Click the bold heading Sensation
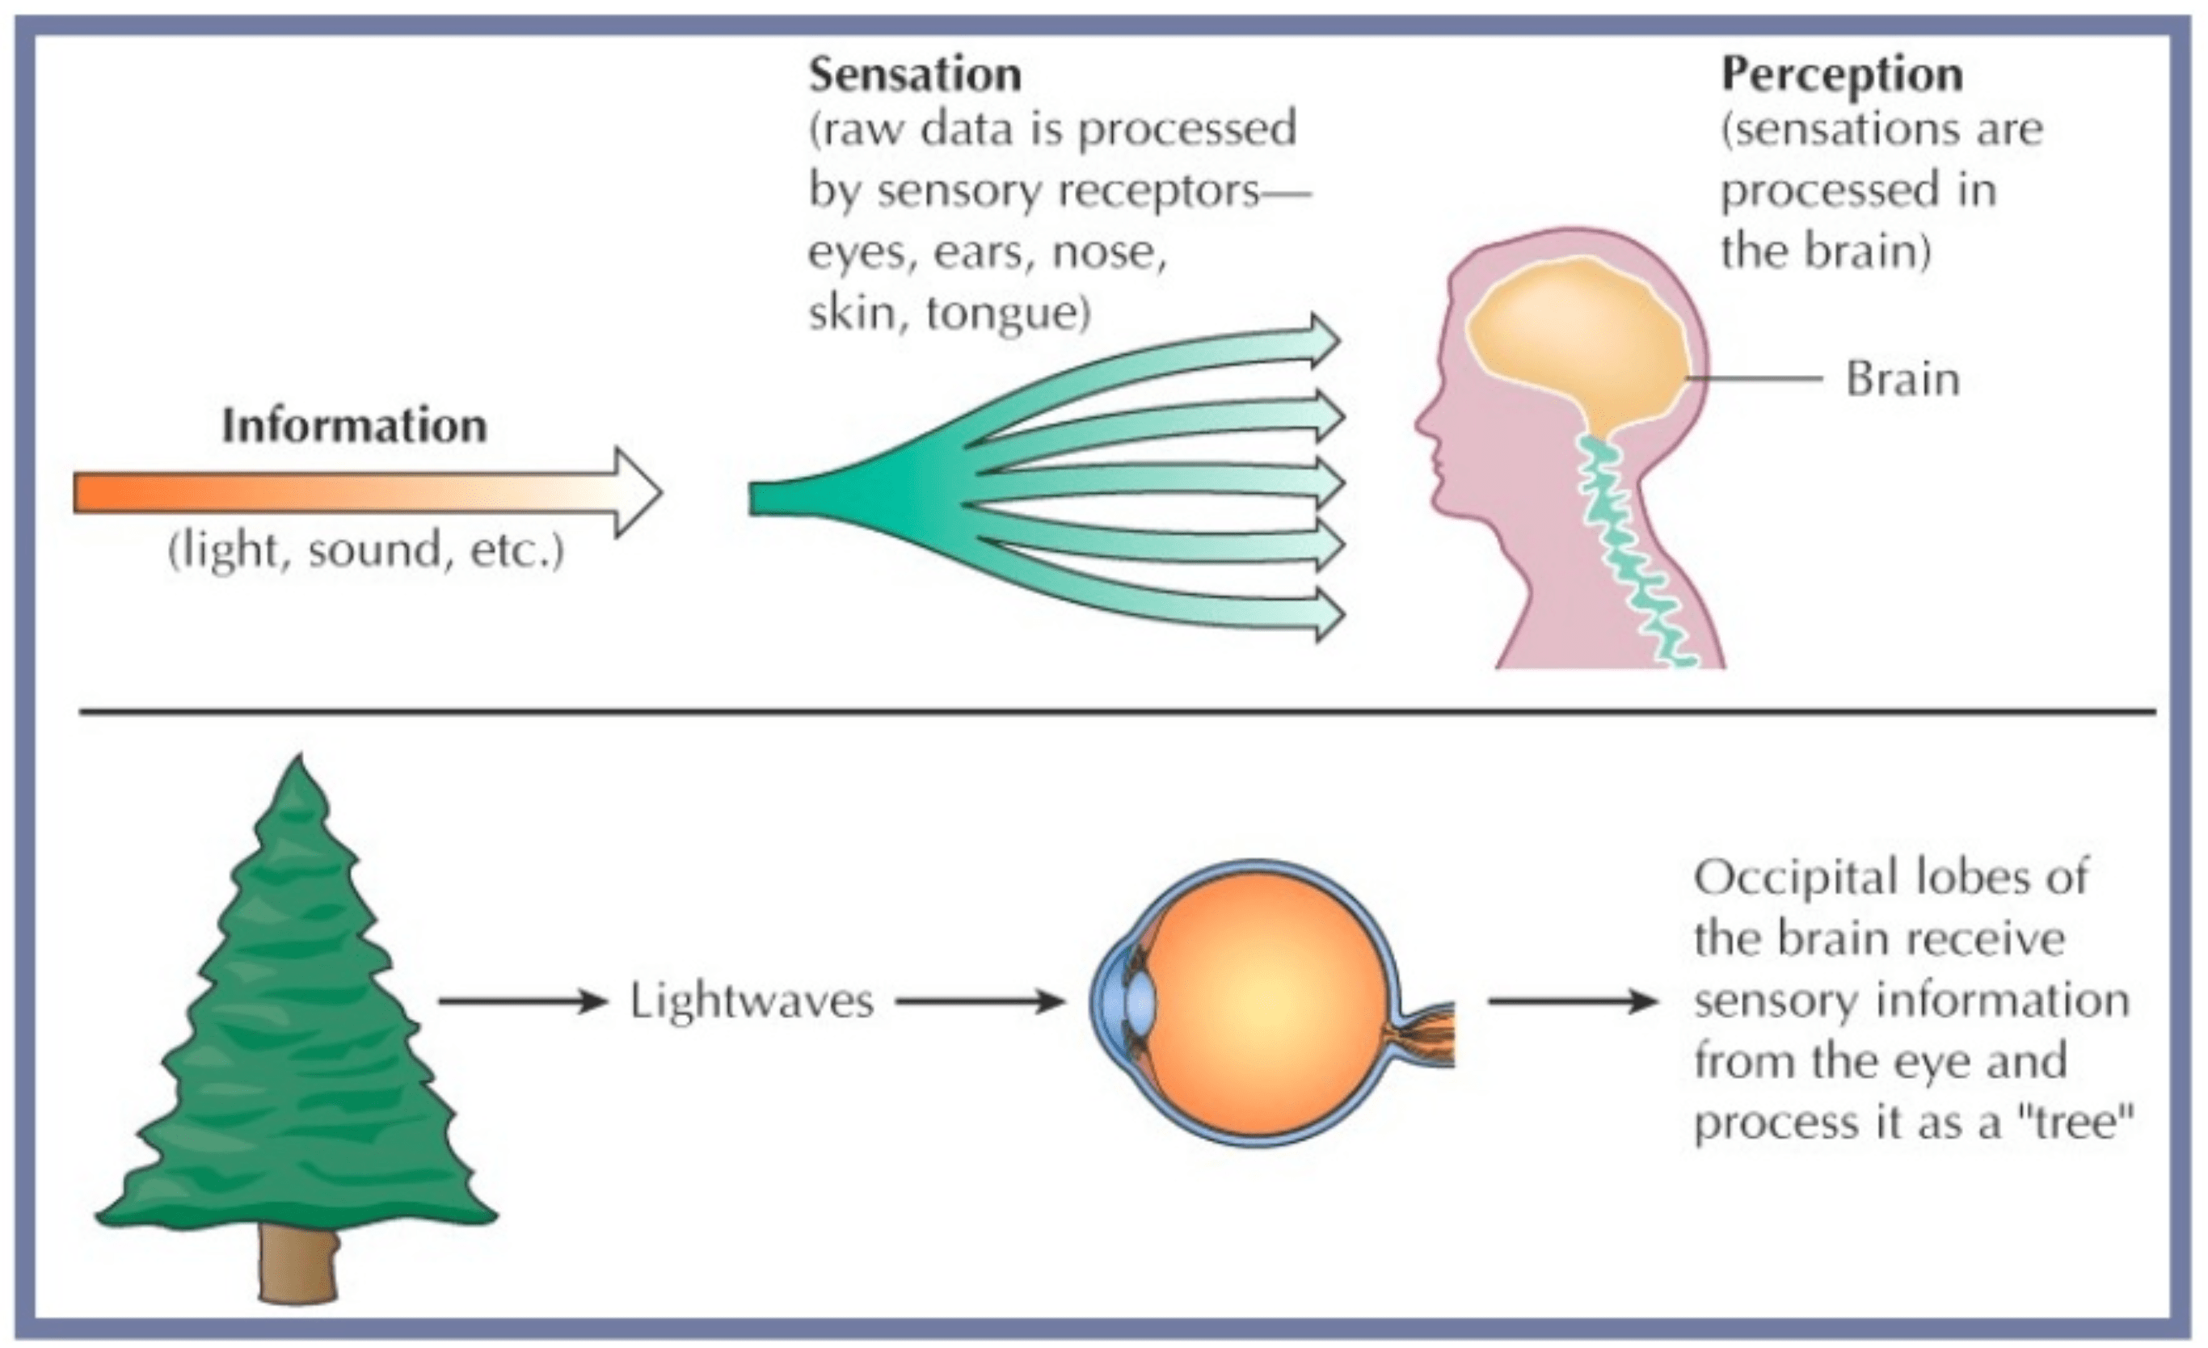(x=914, y=74)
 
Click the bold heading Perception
(x=1842, y=74)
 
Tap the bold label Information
(x=354, y=426)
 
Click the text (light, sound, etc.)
(x=365, y=550)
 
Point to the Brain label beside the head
(x=1903, y=379)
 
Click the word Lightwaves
(x=751, y=1001)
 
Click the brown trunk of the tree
(x=298, y=1264)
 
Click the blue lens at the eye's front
(x=1140, y=1001)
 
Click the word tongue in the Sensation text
(x=1008, y=314)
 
